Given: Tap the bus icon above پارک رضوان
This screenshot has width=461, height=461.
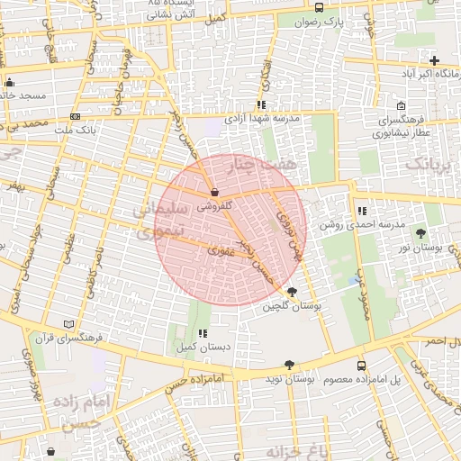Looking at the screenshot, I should [319, 8].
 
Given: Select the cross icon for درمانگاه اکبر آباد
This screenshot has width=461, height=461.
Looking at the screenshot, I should [434, 60].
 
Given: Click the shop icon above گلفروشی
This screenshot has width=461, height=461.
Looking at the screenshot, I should [214, 192].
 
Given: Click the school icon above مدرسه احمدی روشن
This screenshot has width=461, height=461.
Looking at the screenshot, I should [362, 210].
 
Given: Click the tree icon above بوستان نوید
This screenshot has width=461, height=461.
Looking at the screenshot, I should [289, 366].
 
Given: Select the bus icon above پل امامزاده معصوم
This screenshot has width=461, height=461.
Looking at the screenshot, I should [362, 366].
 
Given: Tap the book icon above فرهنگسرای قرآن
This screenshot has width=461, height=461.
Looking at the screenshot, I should [69, 324].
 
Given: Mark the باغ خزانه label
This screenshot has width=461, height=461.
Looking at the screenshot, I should [294, 450].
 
